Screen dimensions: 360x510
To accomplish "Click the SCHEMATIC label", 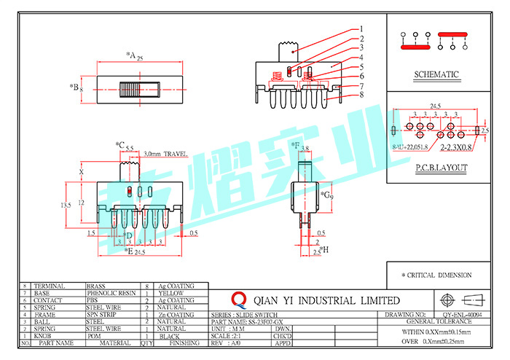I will click(x=436, y=74).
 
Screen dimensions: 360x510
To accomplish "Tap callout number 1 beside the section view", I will click(x=361, y=30).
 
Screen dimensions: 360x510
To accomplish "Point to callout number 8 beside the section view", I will click(x=361, y=95).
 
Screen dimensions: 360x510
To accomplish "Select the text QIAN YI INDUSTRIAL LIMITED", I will click(x=326, y=300).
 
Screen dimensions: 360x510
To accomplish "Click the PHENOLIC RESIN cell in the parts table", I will click(x=111, y=293).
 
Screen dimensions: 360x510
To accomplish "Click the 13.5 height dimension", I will click(x=66, y=206).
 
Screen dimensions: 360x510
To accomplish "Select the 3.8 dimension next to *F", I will click(x=306, y=149).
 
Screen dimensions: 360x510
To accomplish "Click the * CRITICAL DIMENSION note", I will click(x=436, y=275).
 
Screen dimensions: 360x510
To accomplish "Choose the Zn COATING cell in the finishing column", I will click(x=175, y=314).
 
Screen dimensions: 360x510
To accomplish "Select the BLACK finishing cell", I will click(x=170, y=336).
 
